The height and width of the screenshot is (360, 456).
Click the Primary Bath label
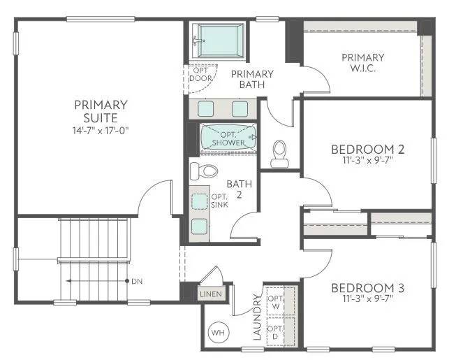(251, 79)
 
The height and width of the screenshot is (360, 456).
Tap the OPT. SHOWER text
(228, 138)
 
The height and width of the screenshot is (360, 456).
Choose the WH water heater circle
(219, 331)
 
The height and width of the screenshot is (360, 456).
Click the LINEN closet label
(211, 294)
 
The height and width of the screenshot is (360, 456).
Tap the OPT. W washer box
(276, 301)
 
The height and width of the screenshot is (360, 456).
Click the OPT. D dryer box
(276, 332)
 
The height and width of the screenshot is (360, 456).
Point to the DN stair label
(137, 281)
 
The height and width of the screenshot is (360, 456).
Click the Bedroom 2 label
(367, 149)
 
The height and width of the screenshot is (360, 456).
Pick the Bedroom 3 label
(367, 288)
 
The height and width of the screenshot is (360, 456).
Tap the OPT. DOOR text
(200, 74)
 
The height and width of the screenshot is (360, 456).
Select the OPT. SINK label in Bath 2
(219, 200)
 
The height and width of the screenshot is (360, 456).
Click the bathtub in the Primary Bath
(219, 42)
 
